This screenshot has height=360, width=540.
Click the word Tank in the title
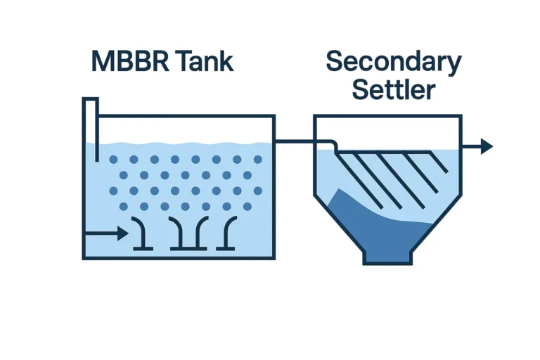coord(206,62)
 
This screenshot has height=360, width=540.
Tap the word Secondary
coord(393,63)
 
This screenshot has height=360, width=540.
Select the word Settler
coord(393,90)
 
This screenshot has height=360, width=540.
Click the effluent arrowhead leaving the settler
coord(486,146)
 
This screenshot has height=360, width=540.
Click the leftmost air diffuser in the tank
coord(141,234)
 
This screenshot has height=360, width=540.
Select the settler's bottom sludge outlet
coord(387,258)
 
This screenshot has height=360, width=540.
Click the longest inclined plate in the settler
coord(359,179)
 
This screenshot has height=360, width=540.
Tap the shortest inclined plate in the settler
coord(438,162)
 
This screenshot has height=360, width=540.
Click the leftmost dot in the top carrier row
coord(113,160)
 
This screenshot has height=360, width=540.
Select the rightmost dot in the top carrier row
coord(258,160)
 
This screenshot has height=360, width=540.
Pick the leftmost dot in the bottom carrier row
coord(124,207)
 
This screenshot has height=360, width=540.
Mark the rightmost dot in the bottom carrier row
coord(247,207)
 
